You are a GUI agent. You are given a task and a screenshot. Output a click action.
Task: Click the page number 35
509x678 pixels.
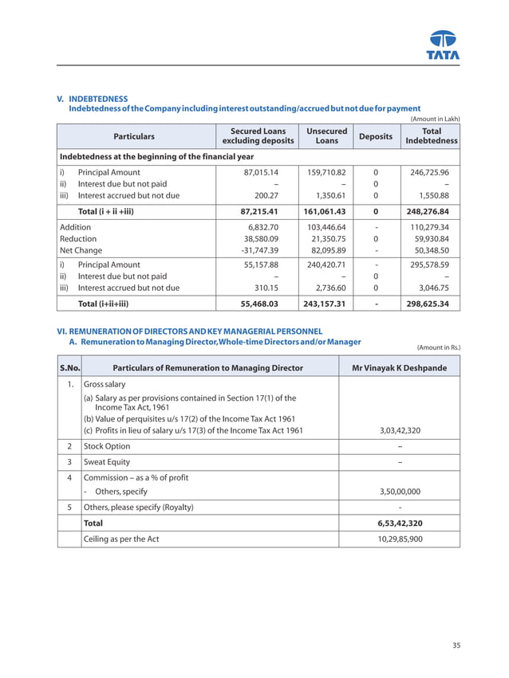pyautogui.click(x=456, y=645)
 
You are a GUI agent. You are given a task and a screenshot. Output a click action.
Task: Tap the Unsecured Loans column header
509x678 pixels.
pyautogui.click(x=326, y=136)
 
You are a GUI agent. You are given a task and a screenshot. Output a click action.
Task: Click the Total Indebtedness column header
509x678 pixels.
pyautogui.click(x=431, y=136)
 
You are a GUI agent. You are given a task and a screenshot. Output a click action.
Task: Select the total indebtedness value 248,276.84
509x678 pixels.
pyautogui.click(x=428, y=212)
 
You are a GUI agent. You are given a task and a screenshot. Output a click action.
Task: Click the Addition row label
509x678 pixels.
pyautogui.click(x=76, y=227)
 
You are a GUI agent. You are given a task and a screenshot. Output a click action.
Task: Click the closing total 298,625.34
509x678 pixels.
pyautogui.click(x=428, y=304)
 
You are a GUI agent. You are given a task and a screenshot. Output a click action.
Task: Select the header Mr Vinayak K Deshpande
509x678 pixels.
pyautogui.click(x=399, y=367)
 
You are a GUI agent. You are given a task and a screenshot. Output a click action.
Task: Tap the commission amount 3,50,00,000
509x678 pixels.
pyautogui.click(x=398, y=492)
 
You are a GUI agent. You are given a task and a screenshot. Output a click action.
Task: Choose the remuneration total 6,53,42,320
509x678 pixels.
pyautogui.click(x=399, y=523)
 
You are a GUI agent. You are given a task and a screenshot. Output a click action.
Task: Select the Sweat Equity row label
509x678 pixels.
pyautogui.click(x=107, y=462)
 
